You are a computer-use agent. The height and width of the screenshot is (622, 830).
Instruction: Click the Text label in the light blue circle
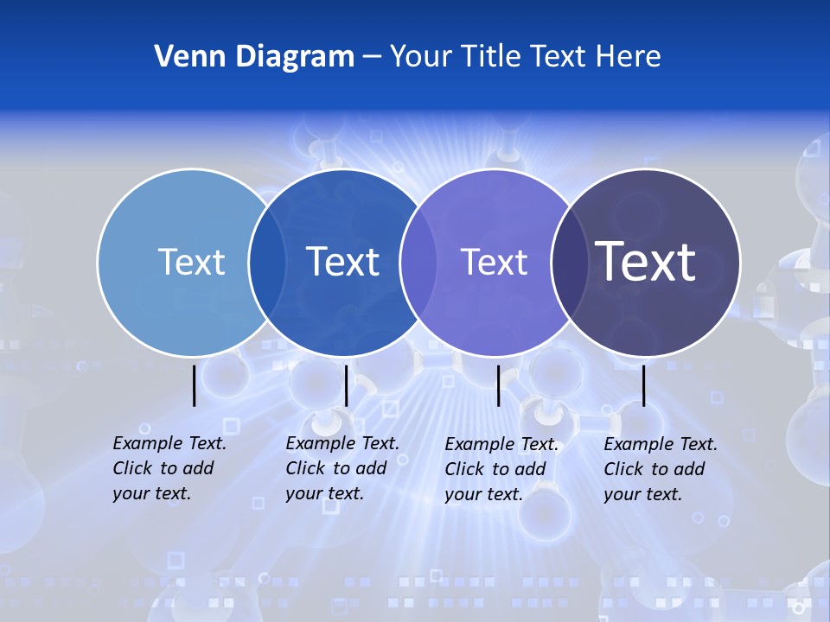191,262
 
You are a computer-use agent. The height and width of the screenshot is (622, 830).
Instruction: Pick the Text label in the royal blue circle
343,262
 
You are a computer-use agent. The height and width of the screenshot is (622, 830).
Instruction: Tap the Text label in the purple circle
494,262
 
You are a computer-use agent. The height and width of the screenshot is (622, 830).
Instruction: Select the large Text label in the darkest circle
646,261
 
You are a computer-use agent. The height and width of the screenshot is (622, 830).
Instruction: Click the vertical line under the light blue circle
195,384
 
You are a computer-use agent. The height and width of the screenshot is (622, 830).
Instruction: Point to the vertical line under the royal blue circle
346,384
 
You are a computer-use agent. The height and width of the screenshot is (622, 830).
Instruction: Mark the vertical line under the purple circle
499,384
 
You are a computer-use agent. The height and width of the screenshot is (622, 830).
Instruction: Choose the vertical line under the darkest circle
644,384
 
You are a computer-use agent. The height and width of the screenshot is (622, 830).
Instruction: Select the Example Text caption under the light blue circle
169,468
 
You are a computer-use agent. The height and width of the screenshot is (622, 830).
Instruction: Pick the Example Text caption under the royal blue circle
342,468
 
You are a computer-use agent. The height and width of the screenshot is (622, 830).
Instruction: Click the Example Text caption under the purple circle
501,469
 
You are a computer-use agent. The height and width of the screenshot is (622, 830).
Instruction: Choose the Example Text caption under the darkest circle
661,469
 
